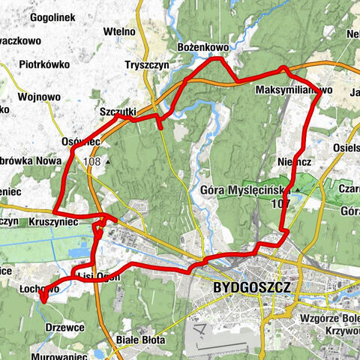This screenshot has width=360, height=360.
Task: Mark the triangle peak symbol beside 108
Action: [109, 161]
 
